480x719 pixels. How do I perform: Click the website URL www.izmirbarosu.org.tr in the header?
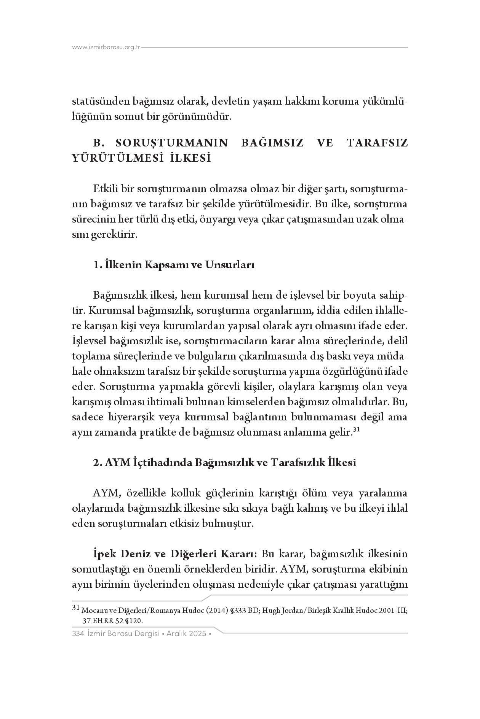[106, 48]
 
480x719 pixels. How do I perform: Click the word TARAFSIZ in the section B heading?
[377, 143]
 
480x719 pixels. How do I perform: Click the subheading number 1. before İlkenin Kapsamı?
[98, 265]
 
